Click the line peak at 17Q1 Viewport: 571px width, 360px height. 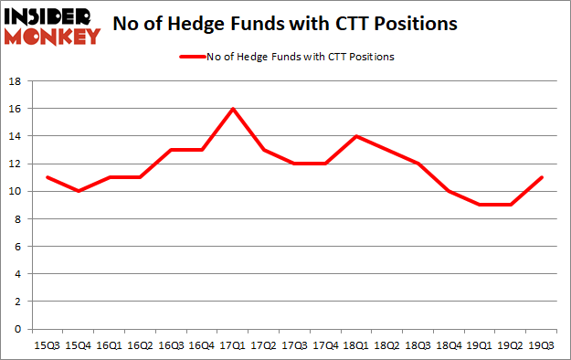click(x=233, y=109)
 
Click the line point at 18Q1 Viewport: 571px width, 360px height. click(x=355, y=136)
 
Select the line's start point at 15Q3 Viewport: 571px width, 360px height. click(x=48, y=177)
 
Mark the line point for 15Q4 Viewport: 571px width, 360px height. click(x=79, y=191)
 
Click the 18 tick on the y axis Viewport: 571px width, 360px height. click(x=15, y=81)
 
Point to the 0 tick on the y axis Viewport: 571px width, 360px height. click(x=17, y=329)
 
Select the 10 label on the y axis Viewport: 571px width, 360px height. click(x=15, y=192)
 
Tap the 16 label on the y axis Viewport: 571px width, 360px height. click(x=15, y=109)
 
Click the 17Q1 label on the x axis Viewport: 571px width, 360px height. click(x=233, y=346)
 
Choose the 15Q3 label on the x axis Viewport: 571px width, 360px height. click(x=48, y=346)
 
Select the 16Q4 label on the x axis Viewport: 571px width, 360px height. click(x=202, y=346)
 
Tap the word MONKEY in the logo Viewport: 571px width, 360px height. click(x=54, y=36)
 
